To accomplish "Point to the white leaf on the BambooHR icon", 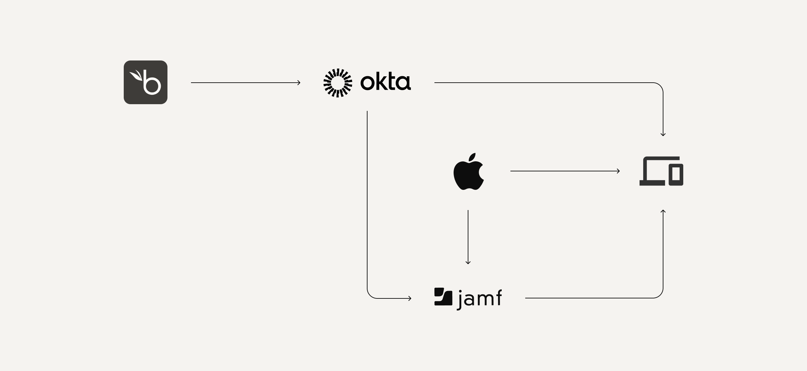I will pos(136,76).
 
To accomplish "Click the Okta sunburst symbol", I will pos(338,83).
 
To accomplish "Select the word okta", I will pos(385,82).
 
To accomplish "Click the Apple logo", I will pos(468,175).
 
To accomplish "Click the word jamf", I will pos(479,298).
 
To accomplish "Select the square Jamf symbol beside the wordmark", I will pos(443,297).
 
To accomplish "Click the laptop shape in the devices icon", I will pos(652,171).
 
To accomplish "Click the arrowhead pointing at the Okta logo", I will pos(299,83).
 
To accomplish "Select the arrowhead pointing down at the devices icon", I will pos(663,135).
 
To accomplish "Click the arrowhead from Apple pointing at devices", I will pos(618,171).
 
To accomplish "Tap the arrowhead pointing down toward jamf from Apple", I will pos(468,263).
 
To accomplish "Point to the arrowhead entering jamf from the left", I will pos(410,298).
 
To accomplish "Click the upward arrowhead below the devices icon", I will pos(663,211).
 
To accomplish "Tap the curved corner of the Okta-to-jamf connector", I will pos(370,295).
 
